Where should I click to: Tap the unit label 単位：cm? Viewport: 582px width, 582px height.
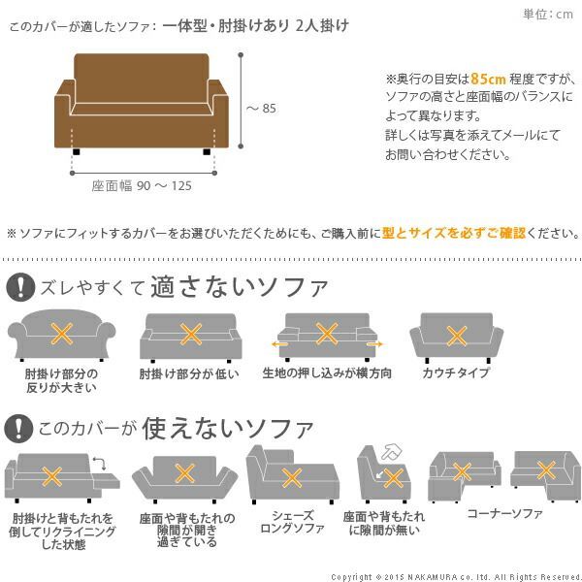[548, 13]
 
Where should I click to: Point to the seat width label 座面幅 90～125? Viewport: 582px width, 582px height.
[142, 186]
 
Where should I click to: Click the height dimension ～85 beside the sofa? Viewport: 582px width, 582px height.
[261, 108]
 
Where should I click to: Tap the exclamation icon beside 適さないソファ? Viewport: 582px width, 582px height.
[19, 288]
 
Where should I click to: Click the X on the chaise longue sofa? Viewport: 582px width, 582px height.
[289, 477]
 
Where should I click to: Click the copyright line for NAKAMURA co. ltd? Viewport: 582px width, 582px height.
[456, 575]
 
